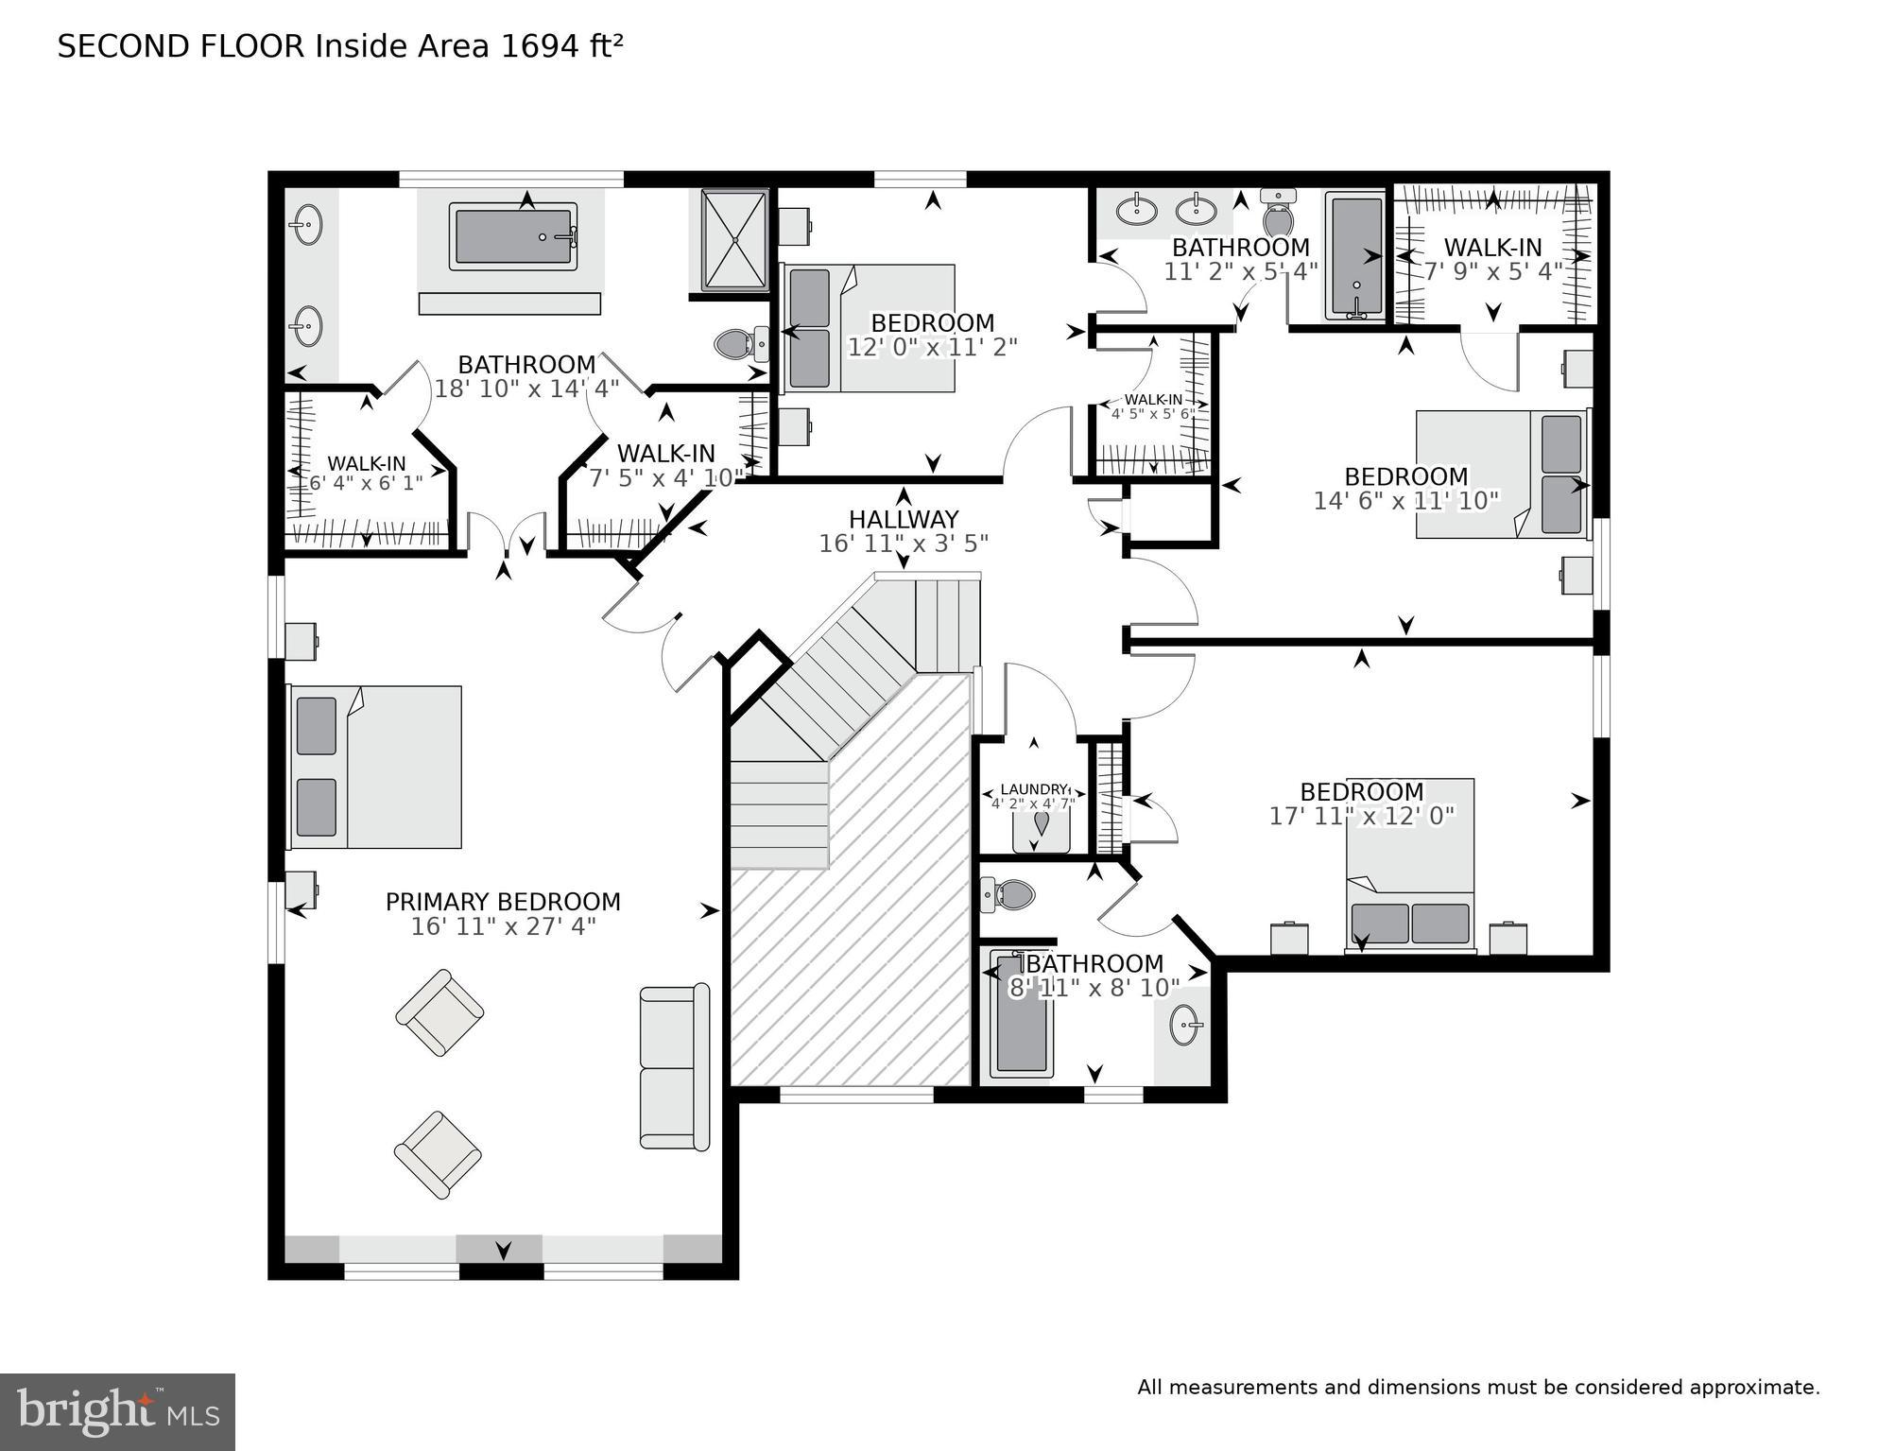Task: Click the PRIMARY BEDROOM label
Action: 503,902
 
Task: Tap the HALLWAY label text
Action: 904,519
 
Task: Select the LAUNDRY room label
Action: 1033,789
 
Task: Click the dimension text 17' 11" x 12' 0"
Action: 1361,816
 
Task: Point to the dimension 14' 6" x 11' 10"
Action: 1405,501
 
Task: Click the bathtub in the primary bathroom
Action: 512,237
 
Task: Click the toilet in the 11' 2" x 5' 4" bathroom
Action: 1278,216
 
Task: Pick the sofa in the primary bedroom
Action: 674,1067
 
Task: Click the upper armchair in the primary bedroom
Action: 439,1012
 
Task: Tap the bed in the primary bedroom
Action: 375,767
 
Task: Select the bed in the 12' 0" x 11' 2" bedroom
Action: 868,328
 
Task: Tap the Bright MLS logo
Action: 117,1411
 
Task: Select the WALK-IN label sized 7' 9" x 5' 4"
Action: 1492,248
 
